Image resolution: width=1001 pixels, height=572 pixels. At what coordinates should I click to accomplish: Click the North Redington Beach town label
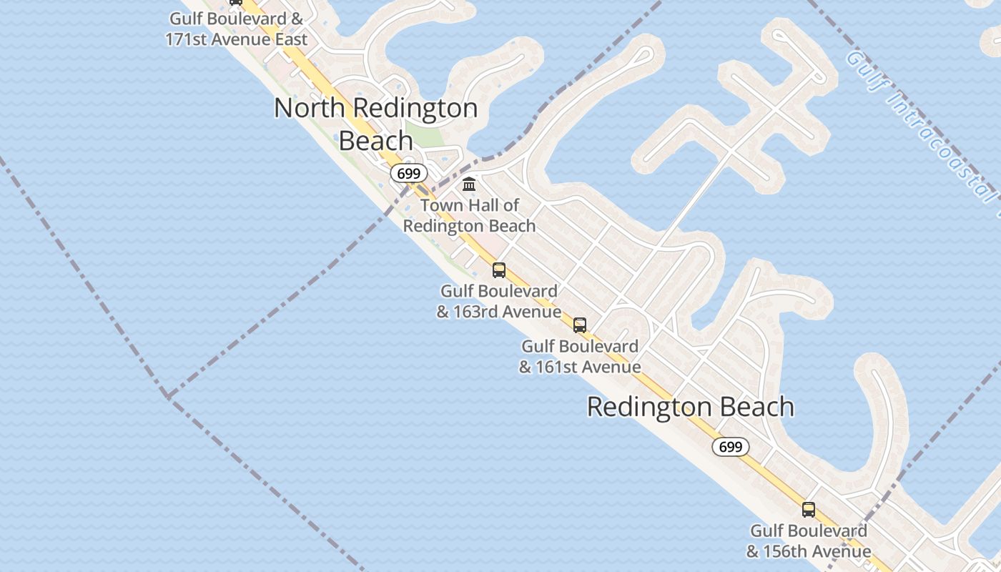tap(375, 124)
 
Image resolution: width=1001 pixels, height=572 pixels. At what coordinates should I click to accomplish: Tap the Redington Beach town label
tap(690, 406)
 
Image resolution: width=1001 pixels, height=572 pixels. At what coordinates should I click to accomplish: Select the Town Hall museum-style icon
tap(469, 184)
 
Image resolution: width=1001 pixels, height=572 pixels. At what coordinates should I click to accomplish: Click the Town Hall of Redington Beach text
tap(469, 215)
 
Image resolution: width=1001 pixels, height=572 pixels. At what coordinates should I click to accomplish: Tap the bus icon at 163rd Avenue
tap(499, 270)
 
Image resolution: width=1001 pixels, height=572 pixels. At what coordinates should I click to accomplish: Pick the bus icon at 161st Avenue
tap(580, 325)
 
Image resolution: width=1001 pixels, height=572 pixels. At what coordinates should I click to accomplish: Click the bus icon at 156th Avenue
tap(809, 510)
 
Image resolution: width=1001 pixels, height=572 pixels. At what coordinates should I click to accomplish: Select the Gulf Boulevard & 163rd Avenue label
tap(499, 301)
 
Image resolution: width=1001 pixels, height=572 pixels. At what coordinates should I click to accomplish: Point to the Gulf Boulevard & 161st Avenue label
tap(580, 356)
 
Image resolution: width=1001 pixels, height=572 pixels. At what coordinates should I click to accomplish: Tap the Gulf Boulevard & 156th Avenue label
tap(809, 541)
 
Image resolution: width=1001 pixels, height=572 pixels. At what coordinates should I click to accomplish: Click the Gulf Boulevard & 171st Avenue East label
tap(236, 29)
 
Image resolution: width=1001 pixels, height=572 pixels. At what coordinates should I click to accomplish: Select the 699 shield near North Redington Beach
tap(409, 173)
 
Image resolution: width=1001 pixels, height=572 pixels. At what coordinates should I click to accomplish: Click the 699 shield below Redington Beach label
tap(730, 447)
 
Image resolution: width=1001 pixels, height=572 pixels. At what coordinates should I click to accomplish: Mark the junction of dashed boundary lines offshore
tap(167, 395)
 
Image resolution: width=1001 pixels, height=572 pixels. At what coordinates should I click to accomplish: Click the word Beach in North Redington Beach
tap(375, 140)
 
